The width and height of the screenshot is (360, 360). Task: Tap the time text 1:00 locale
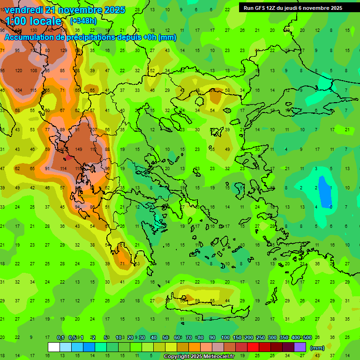tap(33, 21)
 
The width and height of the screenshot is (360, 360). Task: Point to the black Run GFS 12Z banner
tap(293, 7)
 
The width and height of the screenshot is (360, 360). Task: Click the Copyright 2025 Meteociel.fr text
tap(199, 356)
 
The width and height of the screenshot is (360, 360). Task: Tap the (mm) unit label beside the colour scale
tap(317, 348)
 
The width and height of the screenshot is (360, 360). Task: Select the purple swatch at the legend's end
tap(300, 347)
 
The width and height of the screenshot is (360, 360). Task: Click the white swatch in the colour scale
tap(54, 347)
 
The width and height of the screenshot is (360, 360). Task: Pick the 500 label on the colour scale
tap(307, 337)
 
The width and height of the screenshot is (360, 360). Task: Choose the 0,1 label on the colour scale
tap(60, 337)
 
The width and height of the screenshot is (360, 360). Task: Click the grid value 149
tap(79, 150)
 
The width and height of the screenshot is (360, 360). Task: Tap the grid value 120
tap(19, 71)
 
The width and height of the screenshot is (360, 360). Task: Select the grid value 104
tap(19, 90)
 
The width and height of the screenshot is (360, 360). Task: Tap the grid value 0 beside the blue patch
tap(331, 207)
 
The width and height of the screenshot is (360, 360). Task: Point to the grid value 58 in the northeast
tap(228, 90)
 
